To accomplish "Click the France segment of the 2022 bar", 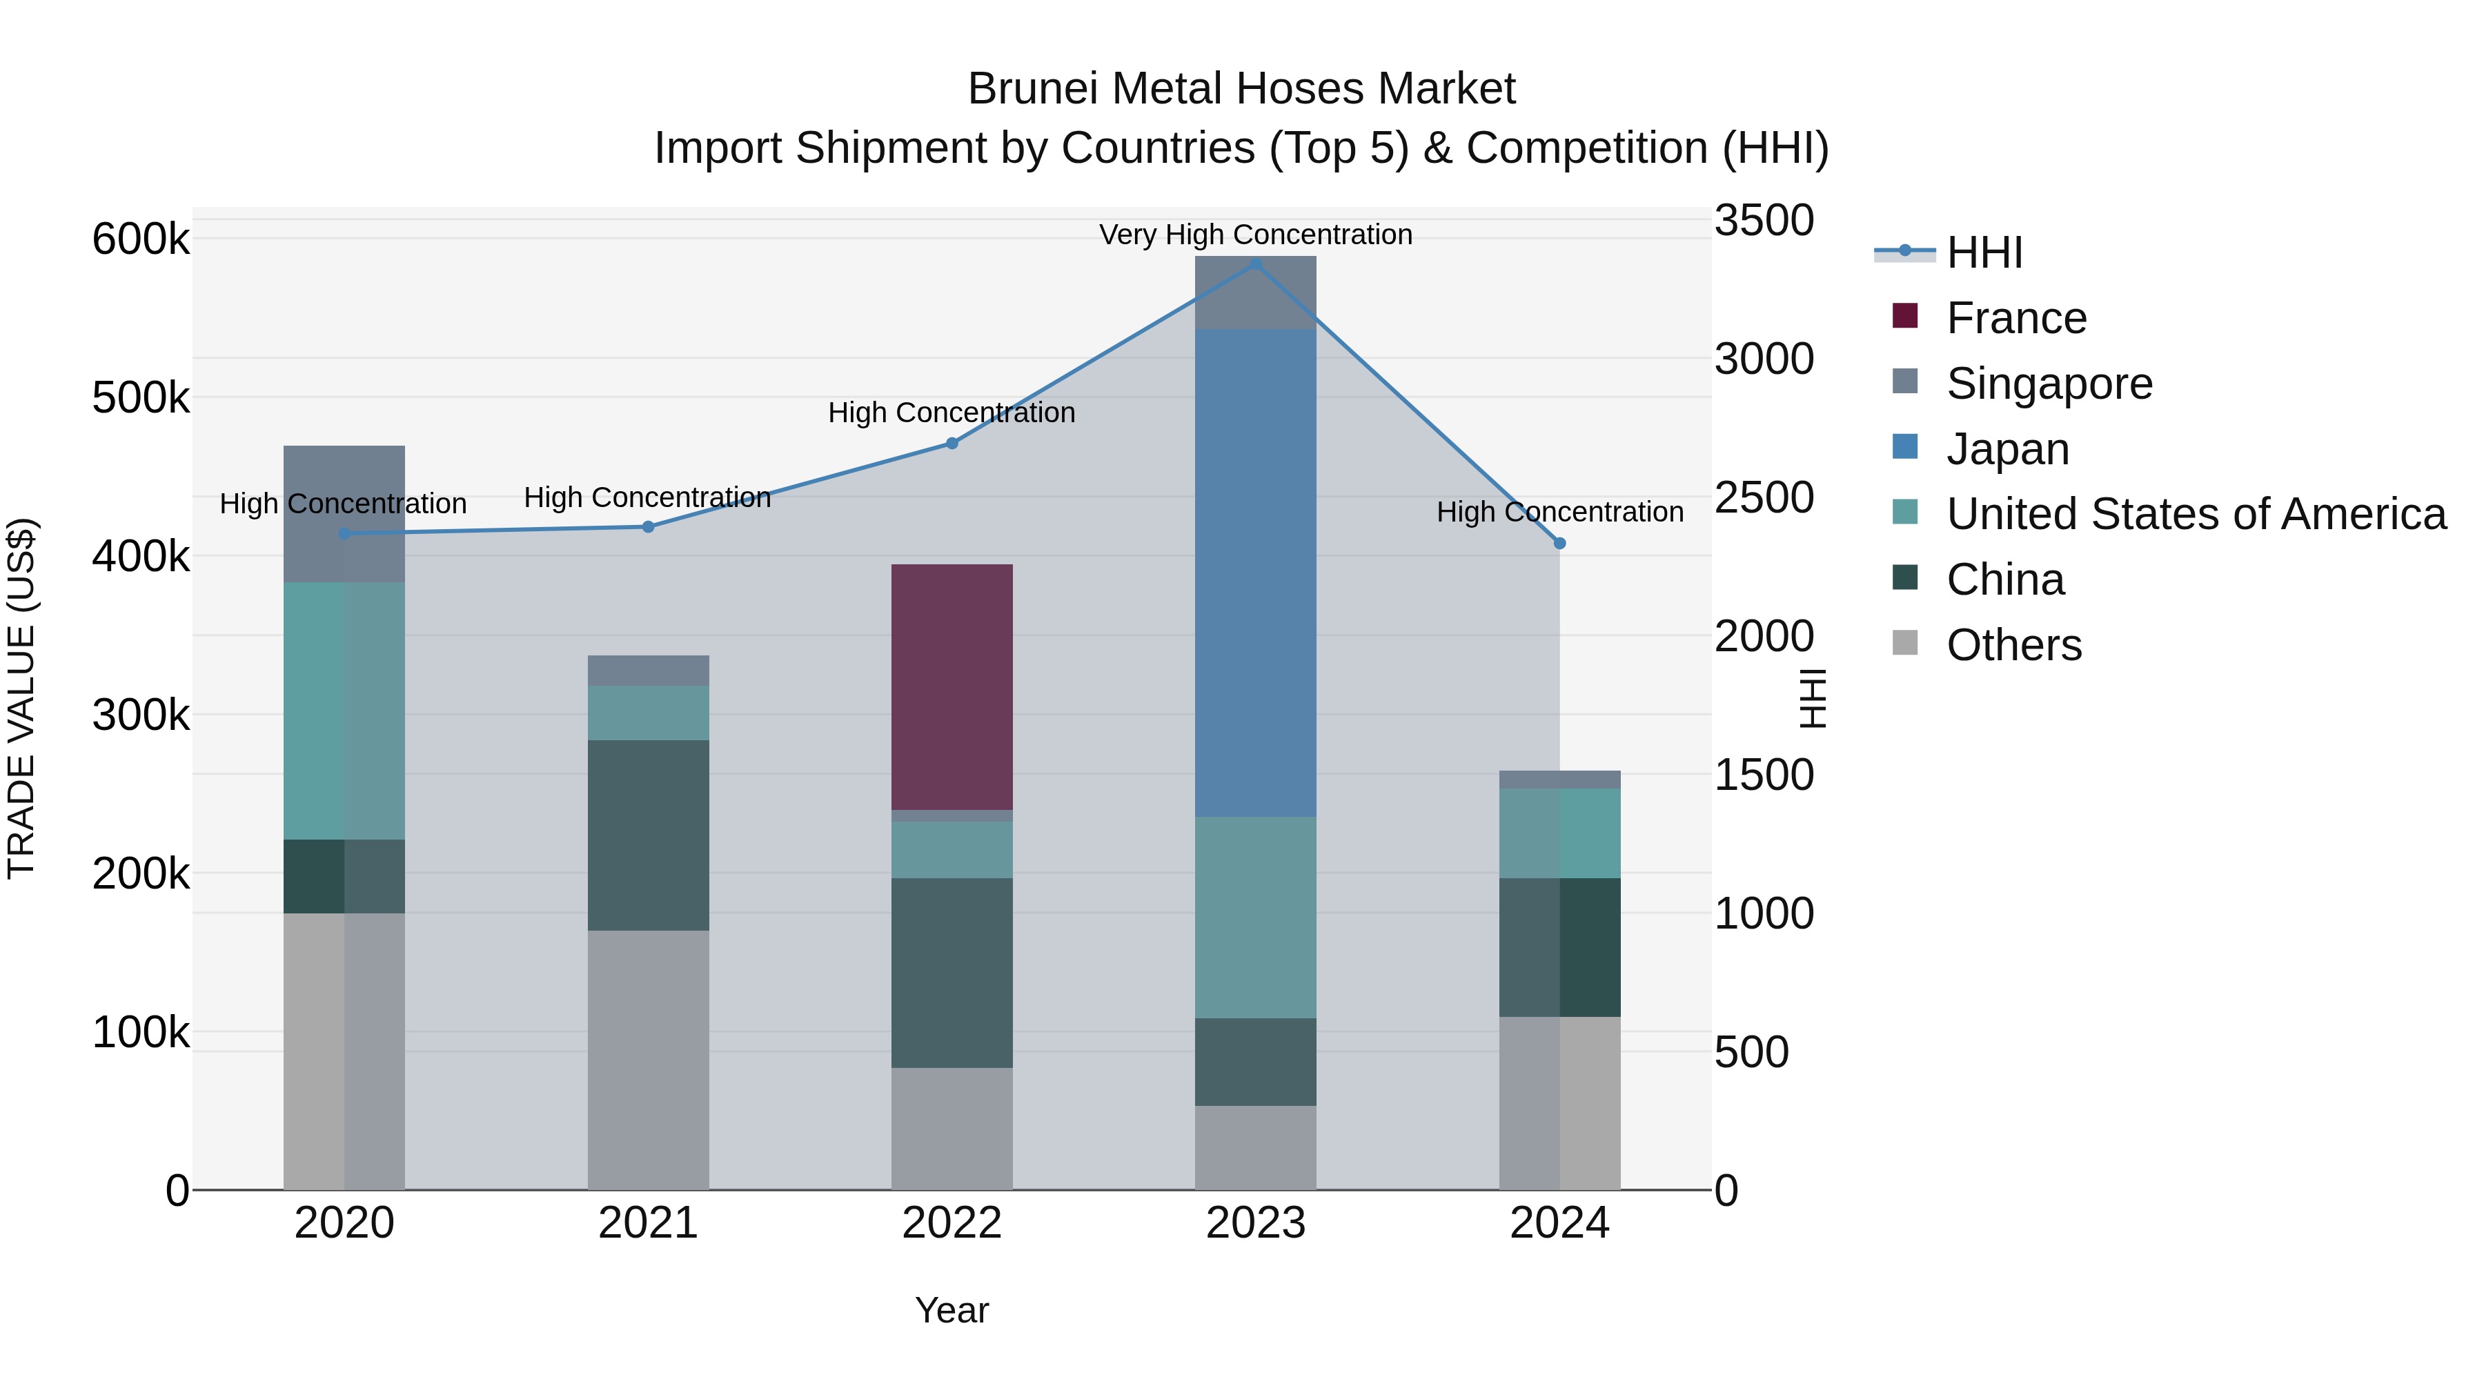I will [951, 686].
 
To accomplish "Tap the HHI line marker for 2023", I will [1256, 264].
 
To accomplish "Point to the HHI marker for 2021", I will [648, 527].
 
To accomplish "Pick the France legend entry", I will [2015, 318].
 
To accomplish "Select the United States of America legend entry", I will [2195, 514].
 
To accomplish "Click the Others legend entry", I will [2013, 645].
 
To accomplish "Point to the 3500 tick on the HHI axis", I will [1764, 221].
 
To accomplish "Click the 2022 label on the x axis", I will [952, 1223].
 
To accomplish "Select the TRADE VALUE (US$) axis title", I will [22, 698].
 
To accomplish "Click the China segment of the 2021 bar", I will [648, 835].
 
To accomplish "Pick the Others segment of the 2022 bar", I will [951, 1128].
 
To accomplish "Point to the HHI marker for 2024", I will [1559, 544].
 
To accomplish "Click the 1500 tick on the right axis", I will [1764, 775].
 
